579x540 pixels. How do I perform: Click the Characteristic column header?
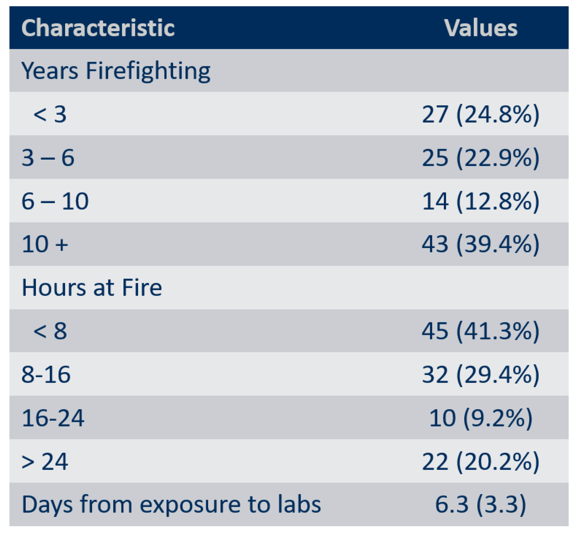click(x=98, y=28)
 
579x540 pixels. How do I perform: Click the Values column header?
click(x=481, y=28)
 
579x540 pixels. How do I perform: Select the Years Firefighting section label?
click(x=116, y=72)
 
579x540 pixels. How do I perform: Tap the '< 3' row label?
click(x=50, y=114)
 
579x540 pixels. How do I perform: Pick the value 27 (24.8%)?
click(x=481, y=114)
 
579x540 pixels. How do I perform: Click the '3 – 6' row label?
click(x=48, y=158)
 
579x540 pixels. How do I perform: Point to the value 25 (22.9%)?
click(x=481, y=158)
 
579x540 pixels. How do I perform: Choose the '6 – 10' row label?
click(x=55, y=201)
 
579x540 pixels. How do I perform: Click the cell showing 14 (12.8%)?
click(x=481, y=201)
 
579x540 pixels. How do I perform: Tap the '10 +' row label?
click(x=45, y=244)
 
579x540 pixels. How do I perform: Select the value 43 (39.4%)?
click(x=481, y=244)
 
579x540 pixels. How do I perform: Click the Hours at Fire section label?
click(x=92, y=288)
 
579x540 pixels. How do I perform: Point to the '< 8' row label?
click(x=50, y=331)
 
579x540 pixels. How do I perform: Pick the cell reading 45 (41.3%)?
click(x=481, y=331)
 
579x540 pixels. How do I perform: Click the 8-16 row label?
click(x=46, y=374)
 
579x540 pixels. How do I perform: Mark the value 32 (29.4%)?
click(x=481, y=375)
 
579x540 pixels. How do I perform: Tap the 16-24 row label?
click(x=53, y=418)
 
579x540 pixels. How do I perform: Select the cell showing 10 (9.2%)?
click(x=481, y=418)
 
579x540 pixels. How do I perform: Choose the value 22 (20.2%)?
click(x=481, y=462)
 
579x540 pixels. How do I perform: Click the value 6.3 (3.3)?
click(x=481, y=505)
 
